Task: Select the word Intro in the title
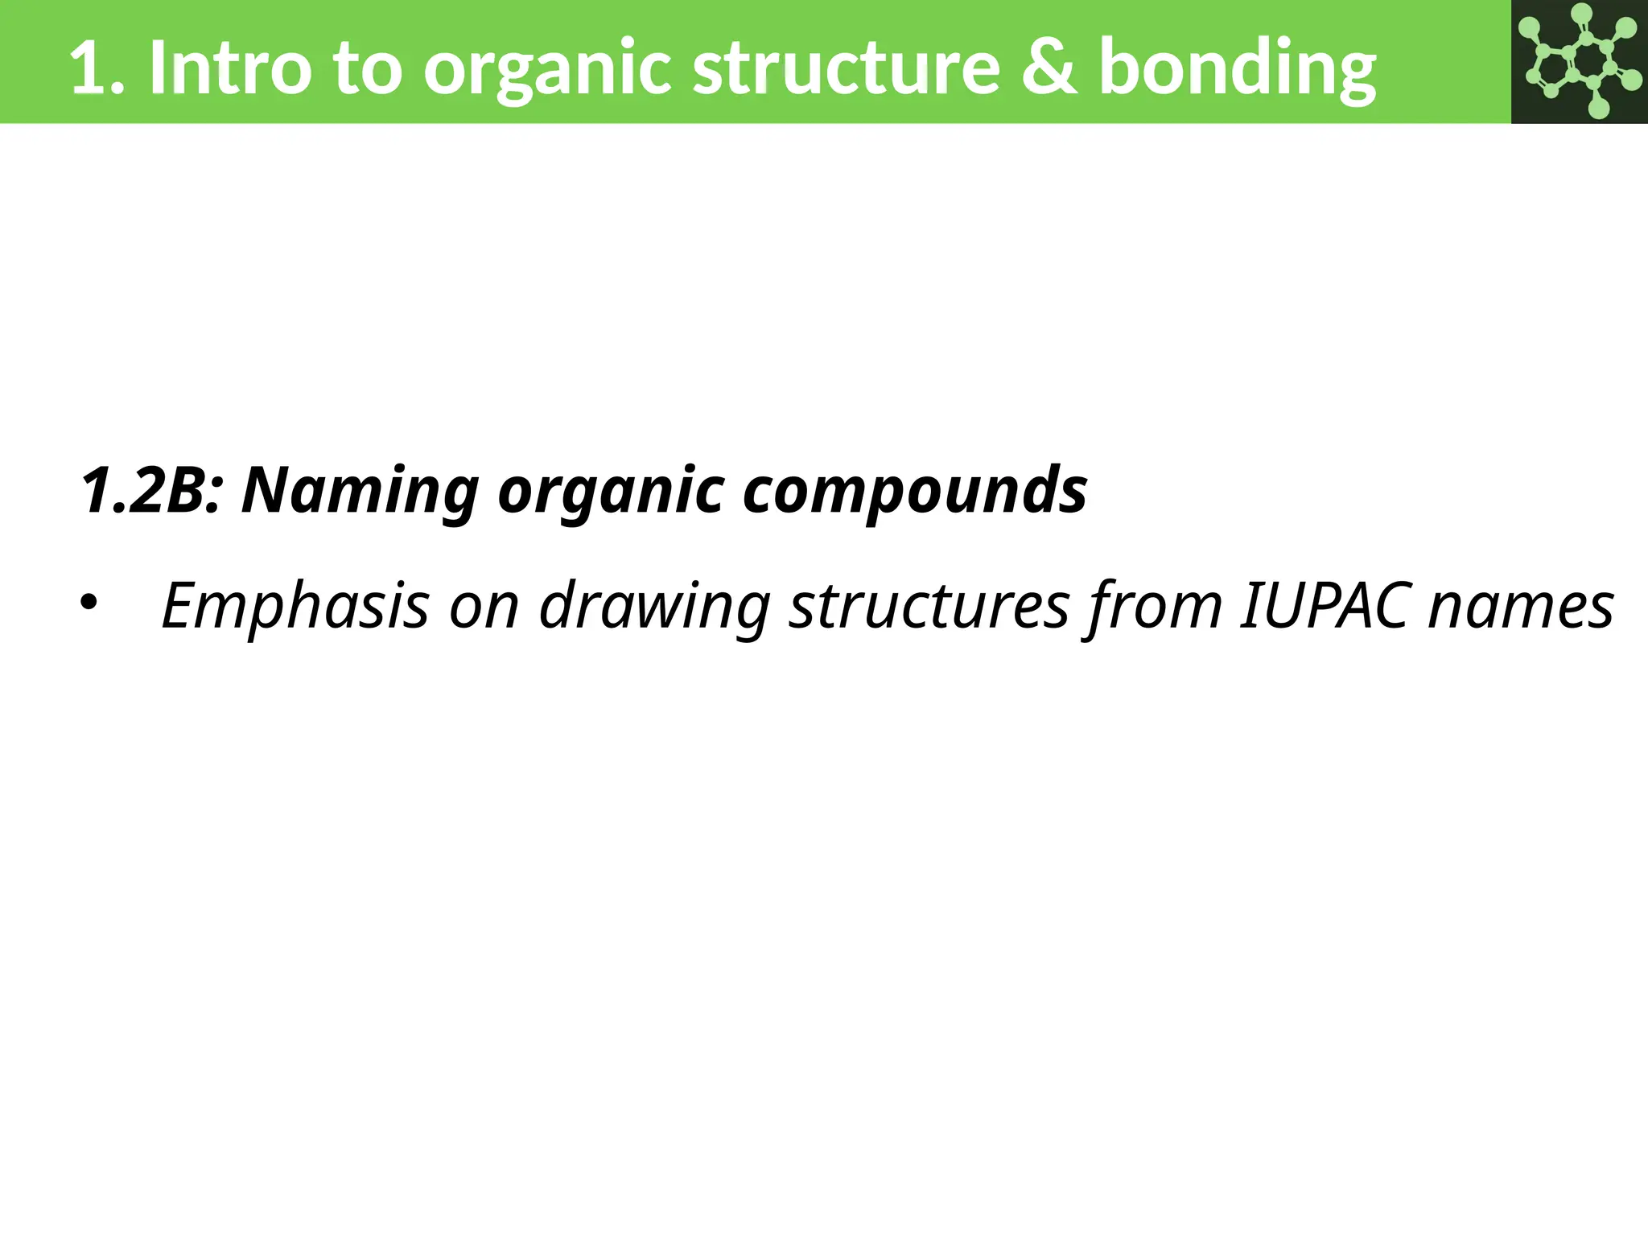229,68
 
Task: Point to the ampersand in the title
1049,68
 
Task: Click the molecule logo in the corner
1579,62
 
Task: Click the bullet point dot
89,603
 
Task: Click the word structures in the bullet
929,606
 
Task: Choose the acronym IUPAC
1324,606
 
